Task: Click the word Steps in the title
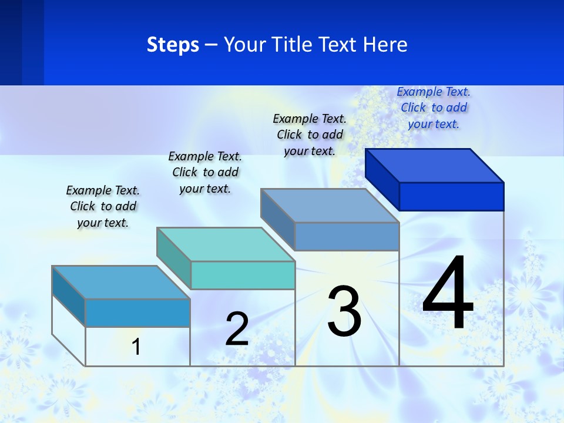[x=173, y=45]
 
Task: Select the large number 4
[x=448, y=294]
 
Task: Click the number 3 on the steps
[x=344, y=311]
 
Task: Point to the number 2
[x=237, y=329]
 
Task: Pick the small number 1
[x=136, y=347]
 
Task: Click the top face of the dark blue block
[x=435, y=165]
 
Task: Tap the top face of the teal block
[x=226, y=244]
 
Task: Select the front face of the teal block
[x=243, y=275]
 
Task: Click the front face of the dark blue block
[x=451, y=196]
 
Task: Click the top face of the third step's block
[x=330, y=205]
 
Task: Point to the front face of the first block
[x=137, y=313]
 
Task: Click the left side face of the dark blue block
[x=382, y=179]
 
